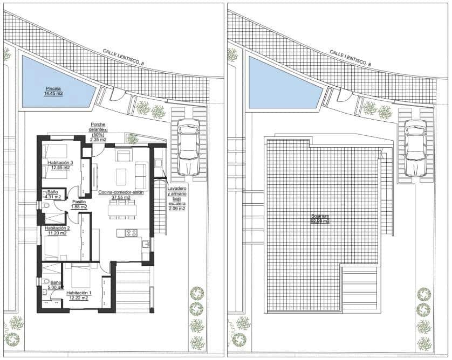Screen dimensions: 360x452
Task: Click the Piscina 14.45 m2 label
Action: (53, 91)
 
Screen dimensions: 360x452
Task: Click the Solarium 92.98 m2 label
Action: (320, 219)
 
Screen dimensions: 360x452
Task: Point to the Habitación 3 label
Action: (60, 162)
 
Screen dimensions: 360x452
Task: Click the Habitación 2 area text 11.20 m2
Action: (56, 233)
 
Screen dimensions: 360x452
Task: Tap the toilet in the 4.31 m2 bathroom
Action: (44, 205)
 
